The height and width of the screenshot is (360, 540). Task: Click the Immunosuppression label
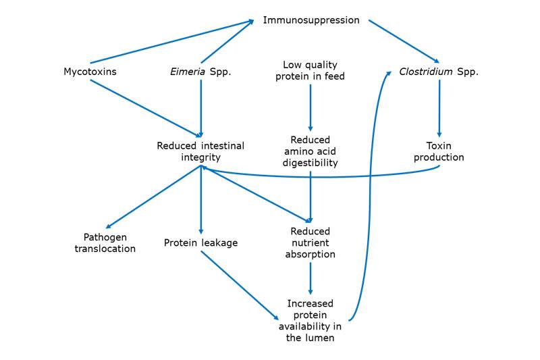click(x=311, y=20)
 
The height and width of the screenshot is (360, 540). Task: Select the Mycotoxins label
click(x=90, y=72)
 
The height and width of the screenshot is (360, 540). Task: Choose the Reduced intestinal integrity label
click(x=200, y=151)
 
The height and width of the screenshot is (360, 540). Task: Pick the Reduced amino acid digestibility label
click(x=310, y=151)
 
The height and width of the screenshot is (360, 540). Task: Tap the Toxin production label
click(x=439, y=151)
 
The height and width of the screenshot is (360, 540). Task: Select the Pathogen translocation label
click(x=105, y=243)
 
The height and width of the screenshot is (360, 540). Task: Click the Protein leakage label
click(x=200, y=243)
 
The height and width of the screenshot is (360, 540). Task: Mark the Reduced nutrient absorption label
click(x=310, y=243)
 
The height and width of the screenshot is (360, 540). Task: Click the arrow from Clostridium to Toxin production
click(x=439, y=108)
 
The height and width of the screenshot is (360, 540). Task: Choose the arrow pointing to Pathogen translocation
click(x=153, y=197)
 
